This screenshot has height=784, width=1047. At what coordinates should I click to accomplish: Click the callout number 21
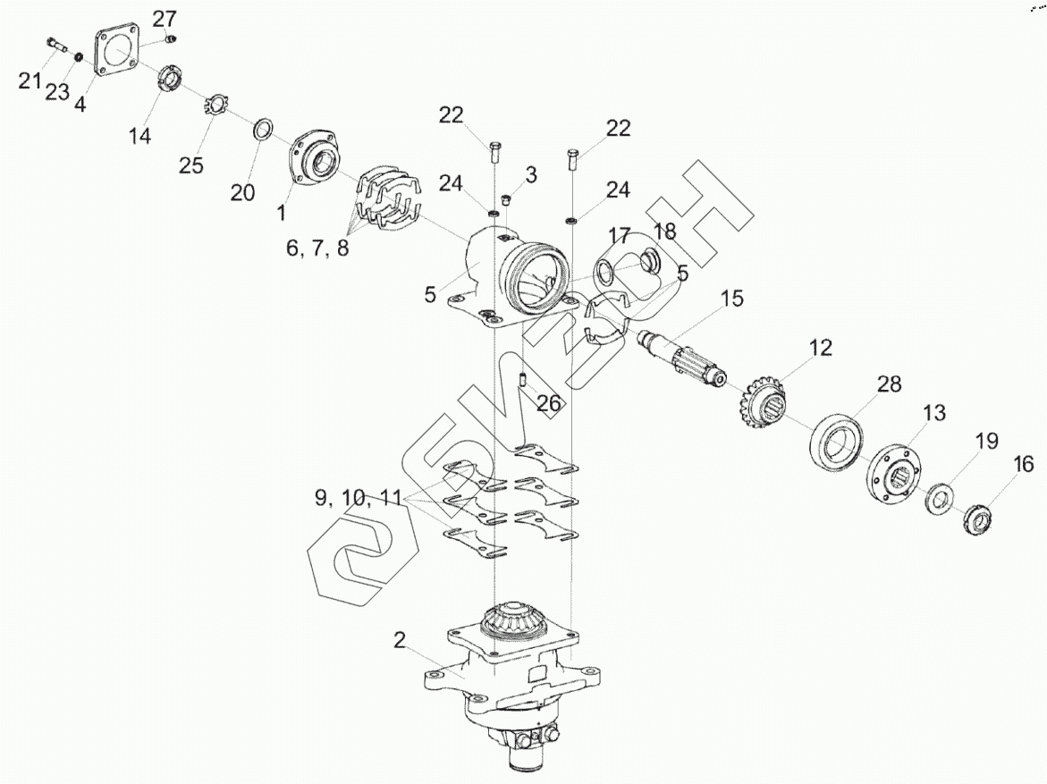(30, 81)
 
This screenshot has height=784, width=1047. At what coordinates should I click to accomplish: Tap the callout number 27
(164, 19)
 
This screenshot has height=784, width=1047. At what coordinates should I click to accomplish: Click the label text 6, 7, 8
(317, 249)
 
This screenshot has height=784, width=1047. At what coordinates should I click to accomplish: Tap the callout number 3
(530, 175)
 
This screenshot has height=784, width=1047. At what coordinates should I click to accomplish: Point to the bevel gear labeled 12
(765, 402)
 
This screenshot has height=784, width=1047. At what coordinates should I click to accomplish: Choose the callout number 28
(889, 384)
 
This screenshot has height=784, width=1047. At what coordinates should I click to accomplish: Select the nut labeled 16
(975, 518)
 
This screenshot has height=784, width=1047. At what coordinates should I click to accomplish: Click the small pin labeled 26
(520, 380)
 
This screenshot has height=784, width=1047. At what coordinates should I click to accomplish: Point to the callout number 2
(400, 640)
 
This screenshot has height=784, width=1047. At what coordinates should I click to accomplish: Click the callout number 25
(190, 165)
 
